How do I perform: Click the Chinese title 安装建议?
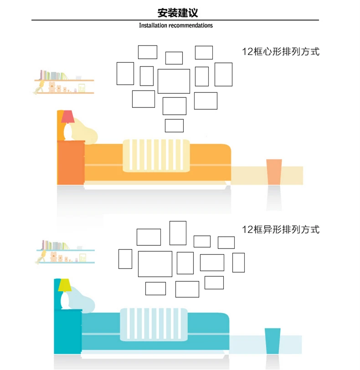pos(178,13)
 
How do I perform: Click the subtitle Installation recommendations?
pos(176,25)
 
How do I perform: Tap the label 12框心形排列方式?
pos(281,52)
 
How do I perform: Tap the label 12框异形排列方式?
pos(281,229)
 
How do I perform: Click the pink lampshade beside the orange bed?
pos(67,117)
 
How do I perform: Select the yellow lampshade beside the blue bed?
pos(65,285)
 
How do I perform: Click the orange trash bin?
pos(274,172)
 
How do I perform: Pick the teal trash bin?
pos(273,341)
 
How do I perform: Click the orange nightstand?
pos(71,162)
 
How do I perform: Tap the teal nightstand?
pos(68,331)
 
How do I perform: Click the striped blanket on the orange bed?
pos(156,156)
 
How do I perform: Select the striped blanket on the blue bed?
pos(154,324)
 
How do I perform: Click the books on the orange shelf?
pos(54,75)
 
